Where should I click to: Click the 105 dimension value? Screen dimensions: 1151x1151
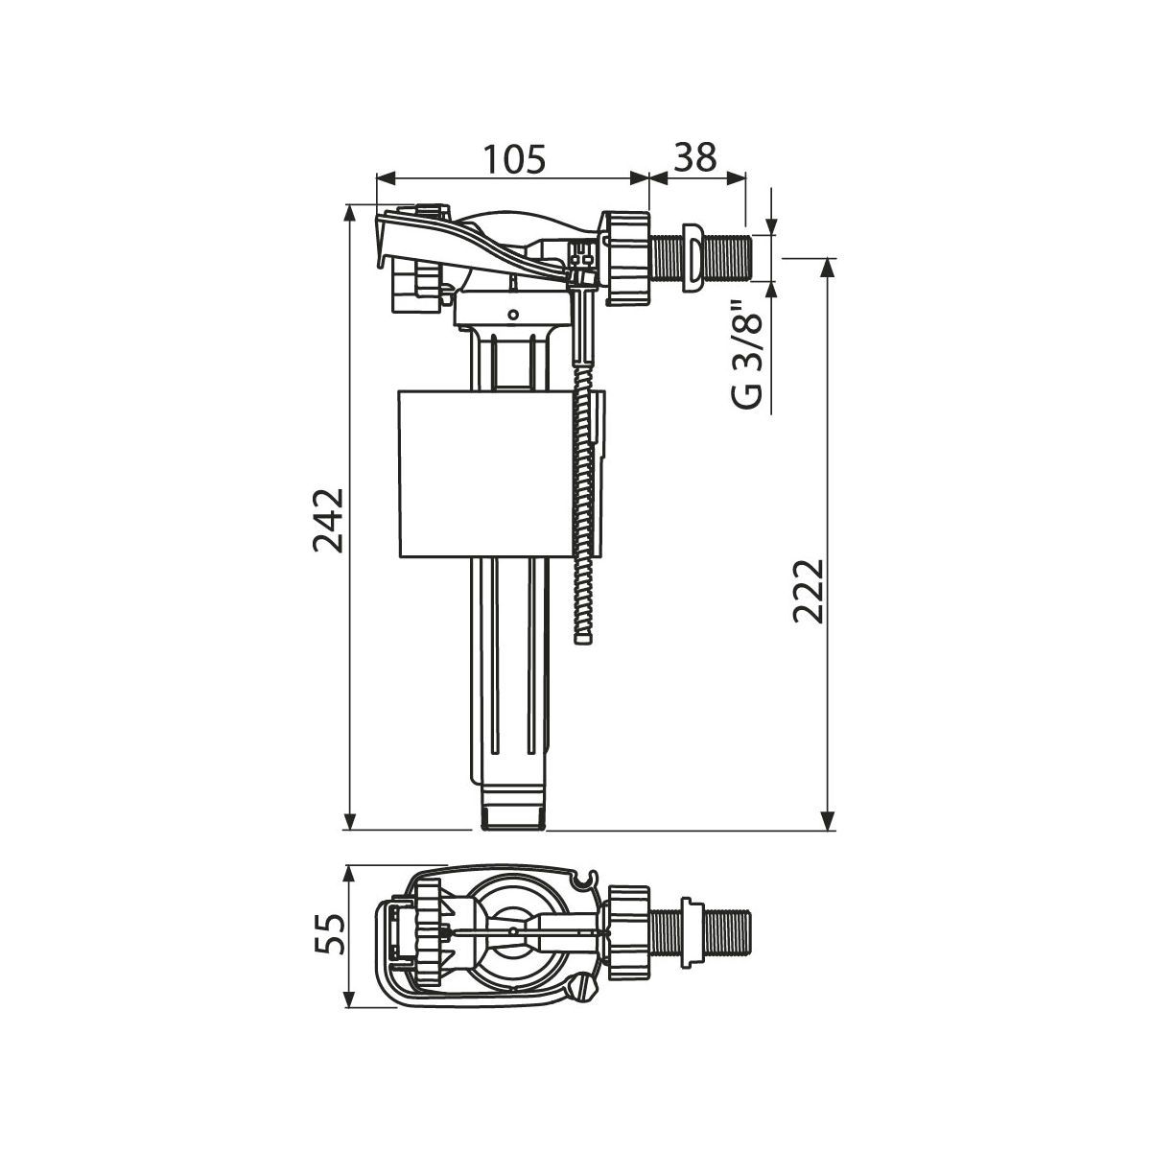click(x=514, y=159)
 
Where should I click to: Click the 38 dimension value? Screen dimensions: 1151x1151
click(x=694, y=157)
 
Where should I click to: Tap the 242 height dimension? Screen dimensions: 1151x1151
click(x=328, y=521)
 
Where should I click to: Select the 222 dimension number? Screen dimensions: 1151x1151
click(x=809, y=592)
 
